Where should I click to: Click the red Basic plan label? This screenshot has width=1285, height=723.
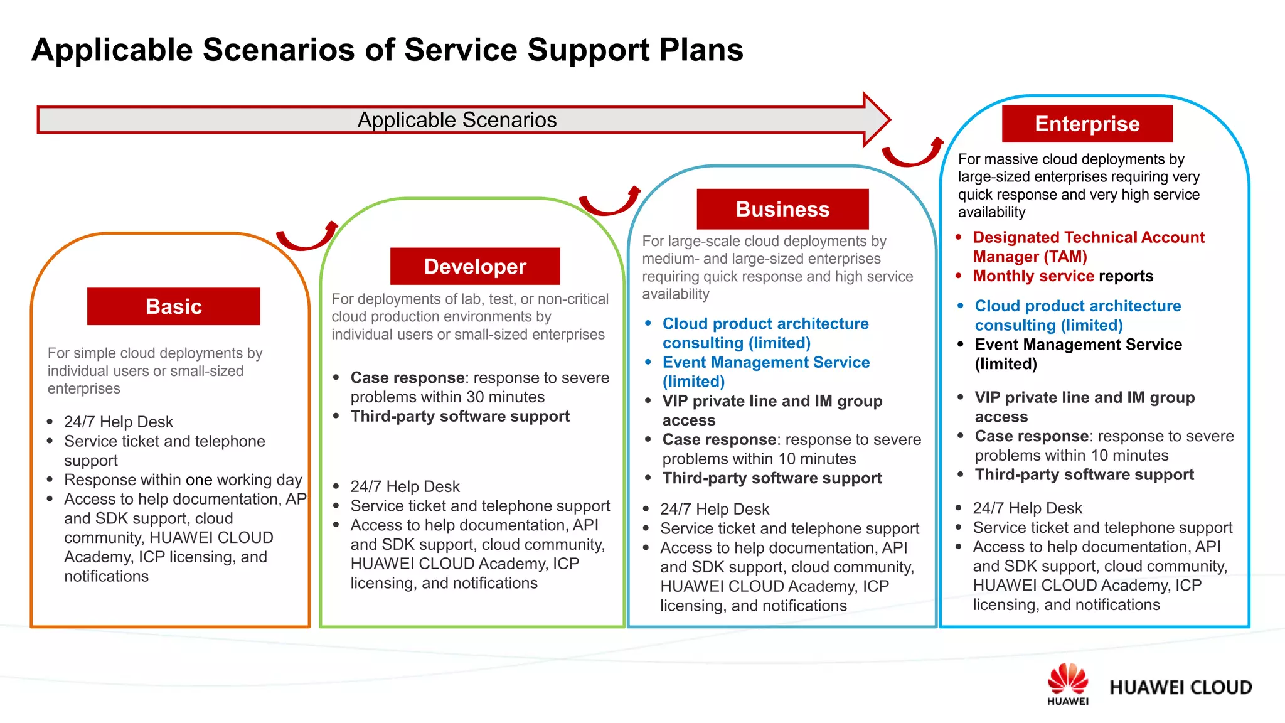point(173,306)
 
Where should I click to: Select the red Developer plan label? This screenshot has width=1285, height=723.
point(475,266)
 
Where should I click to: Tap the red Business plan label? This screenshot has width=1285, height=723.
point(782,209)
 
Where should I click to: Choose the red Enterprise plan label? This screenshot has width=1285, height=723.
point(1087,124)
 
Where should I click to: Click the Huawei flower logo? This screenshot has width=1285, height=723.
point(1067,680)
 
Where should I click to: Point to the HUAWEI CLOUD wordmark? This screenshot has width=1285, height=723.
point(1180,687)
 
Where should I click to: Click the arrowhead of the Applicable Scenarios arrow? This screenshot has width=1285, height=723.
point(876,119)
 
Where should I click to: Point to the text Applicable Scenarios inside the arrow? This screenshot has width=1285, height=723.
point(457,120)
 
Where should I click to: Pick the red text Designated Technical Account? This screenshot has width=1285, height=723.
point(1089,237)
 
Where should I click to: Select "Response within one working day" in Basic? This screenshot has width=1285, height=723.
point(183,479)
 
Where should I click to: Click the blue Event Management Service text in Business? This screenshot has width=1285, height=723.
point(765,362)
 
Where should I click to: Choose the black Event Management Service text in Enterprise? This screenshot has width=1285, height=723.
point(1078,345)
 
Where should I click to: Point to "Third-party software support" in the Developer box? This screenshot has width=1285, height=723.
point(460,416)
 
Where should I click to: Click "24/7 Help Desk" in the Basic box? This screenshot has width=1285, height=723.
point(119,422)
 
